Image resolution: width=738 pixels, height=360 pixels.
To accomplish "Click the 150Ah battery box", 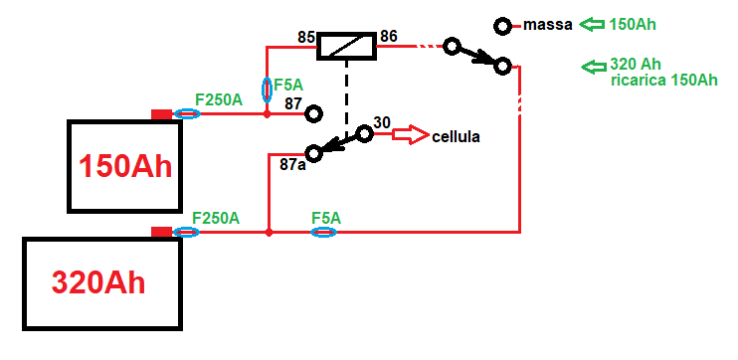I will pyautogui.click(x=124, y=166).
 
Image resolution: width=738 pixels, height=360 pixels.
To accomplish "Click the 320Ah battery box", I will pyautogui.click(x=103, y=283).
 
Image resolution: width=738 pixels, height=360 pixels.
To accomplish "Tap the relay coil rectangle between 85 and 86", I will pyautogui.click(x=345, y=45).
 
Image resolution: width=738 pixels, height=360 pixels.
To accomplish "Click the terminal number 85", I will pyautogui.click(x=306, y=38).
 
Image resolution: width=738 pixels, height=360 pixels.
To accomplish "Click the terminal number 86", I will pyautogui.click(x=388, y=37).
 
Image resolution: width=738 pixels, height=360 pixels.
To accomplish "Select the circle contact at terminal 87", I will pyautogui.click(x=313, y=114).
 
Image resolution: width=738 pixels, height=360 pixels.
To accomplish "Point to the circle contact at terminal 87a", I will pyautogui.click(x=314, y=153).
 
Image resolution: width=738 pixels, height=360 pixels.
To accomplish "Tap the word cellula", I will pyautogui.click(x=456, y=136).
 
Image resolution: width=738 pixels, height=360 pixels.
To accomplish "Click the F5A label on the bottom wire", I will pyautogui.click(x=325, y=217).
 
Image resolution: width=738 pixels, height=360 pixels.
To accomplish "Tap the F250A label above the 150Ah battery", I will pyautogui.click(x=218, y=99).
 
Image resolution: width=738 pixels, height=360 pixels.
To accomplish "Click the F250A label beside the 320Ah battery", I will pyautogui.click(x=216, y=217).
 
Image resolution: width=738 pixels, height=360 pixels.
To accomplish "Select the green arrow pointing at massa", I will pyautogui.click(x=594, y=24).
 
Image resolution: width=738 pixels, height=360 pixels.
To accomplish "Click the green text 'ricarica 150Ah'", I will pyautogui.click(x=664, y=80).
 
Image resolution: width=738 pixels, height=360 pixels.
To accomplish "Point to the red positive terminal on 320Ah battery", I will pyautogui.click(x=161, y=232).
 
